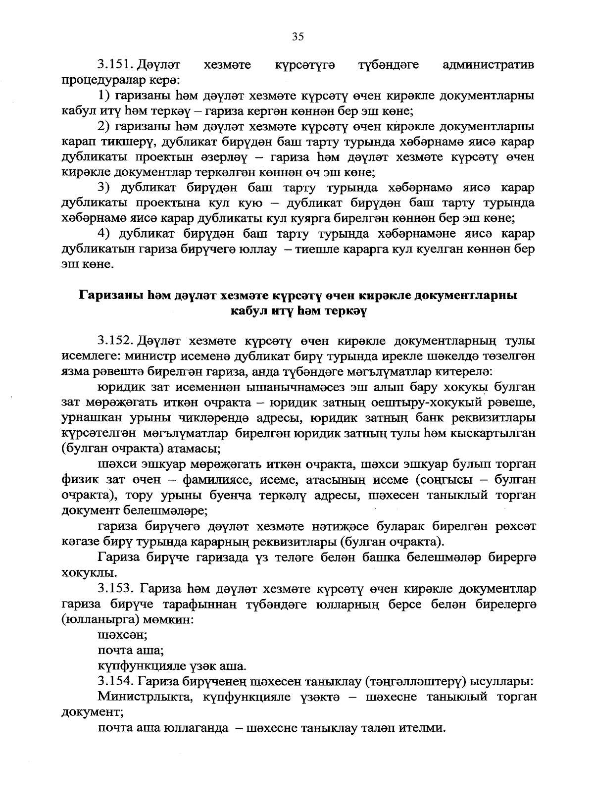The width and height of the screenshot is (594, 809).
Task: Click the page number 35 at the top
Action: pyautogui.click(x=297, y=36)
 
